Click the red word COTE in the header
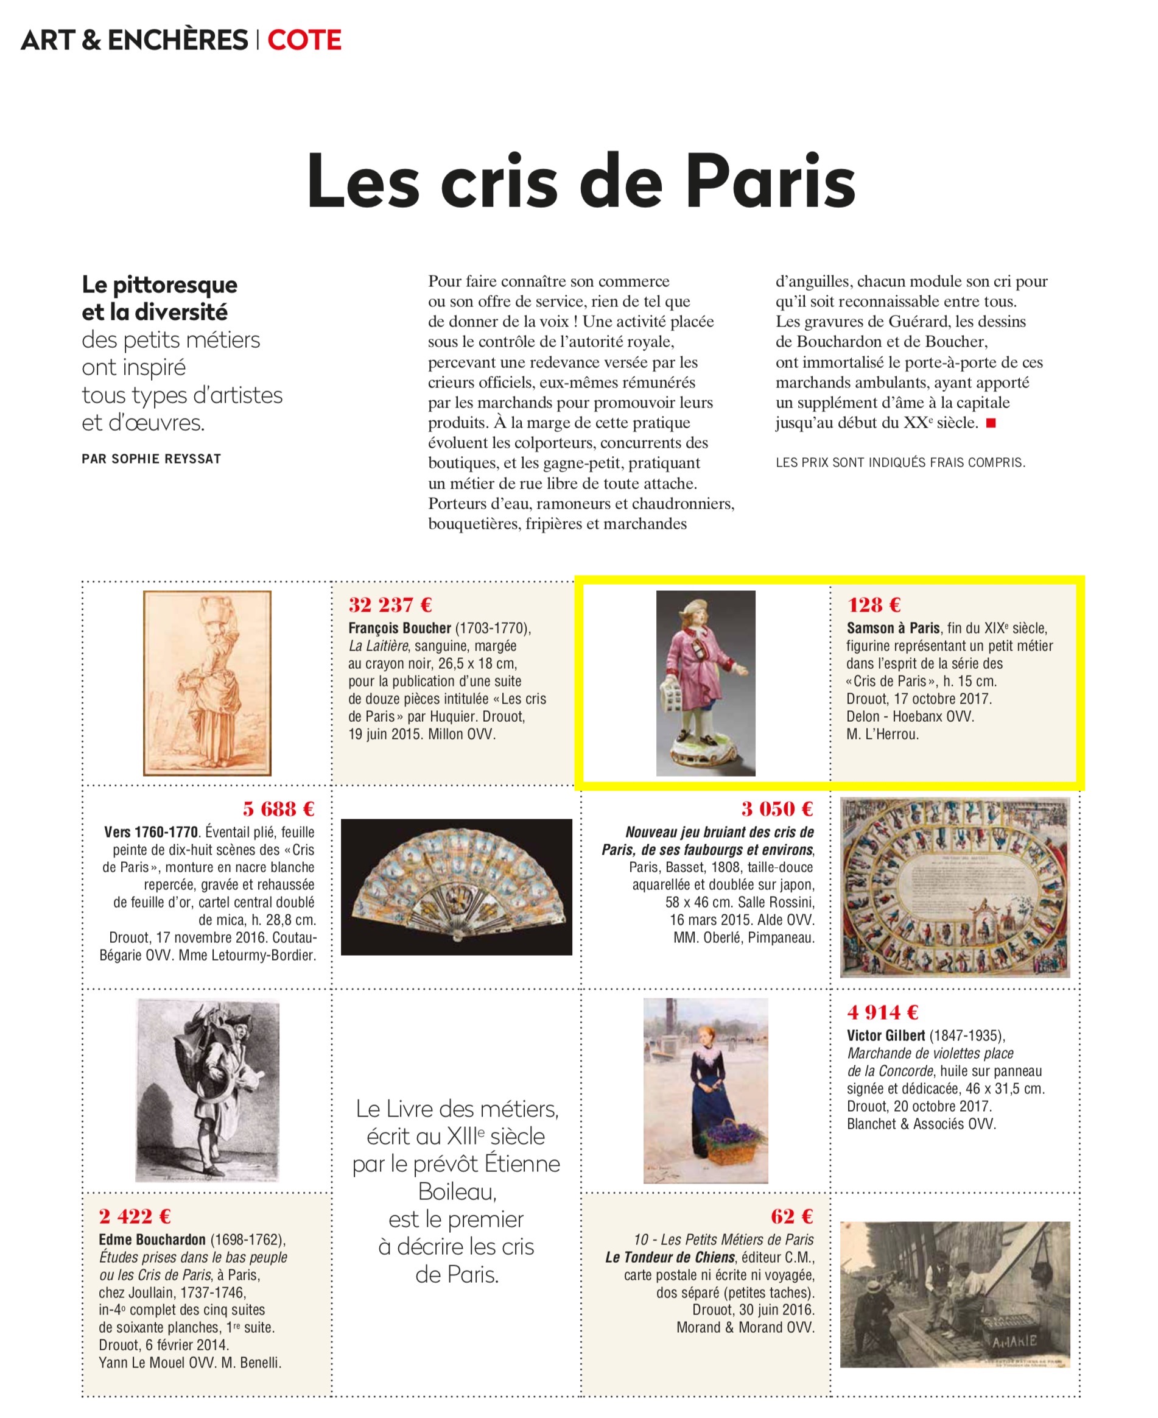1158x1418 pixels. pos(304,40)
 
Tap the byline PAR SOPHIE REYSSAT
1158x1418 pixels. pos(152,459)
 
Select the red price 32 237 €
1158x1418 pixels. pos(390,605)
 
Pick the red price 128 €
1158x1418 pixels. pos(874,605)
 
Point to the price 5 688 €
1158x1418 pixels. pos(278,809)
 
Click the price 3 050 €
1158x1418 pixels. pos(777,809)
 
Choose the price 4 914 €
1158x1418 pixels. pos(883,1012)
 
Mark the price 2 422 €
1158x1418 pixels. pos(135,1216)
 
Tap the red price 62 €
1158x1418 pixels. pos(792,1216)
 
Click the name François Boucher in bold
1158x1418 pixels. pos(399,628)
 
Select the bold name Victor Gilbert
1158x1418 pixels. pos(886,1035)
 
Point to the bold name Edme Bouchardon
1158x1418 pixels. pos(152,1240)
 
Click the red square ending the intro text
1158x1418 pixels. pos(991,422)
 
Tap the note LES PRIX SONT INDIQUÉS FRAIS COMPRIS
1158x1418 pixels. pos(900,462)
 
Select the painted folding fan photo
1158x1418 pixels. pos(456,886)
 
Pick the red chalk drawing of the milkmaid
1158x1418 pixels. pos(208,683)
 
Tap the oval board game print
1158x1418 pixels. pos(955,887)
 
